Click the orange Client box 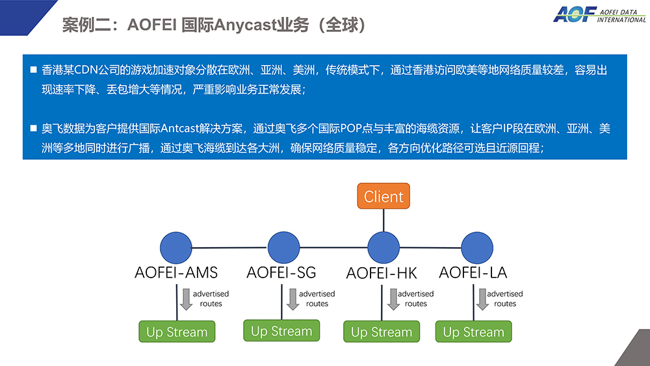click(383, 196)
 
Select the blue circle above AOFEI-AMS click(176, 248)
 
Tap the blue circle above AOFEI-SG click(283, 248)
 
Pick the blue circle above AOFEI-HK click(383, 248)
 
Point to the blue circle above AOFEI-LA click(477, 248)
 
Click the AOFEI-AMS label click(176, 272)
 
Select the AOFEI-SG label click(281, 272)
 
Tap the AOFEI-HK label click(382, 273)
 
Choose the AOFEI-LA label click(473, 272)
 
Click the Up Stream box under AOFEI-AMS click(177, 332)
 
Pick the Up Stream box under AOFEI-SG click(281, 331)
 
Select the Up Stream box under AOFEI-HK click(382, 332)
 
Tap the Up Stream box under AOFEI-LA click(473, 332)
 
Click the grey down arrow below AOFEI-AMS click(186, 299)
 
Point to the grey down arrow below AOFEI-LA click(482, 299)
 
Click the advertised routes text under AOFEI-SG click(317, 298)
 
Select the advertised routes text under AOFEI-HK click(416, 298)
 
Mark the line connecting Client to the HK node click(383, 220)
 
